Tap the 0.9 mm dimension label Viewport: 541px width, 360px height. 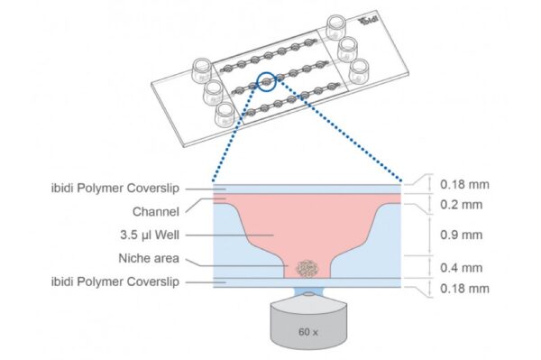(461, 235)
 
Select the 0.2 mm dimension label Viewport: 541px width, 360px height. (461, 205)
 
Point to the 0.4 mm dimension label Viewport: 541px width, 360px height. (461, 267)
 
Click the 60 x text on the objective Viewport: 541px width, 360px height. (308, 332)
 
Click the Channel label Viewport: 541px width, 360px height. (156, 212)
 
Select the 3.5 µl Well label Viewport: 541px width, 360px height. (150, 235)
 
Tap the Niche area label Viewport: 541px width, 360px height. (149, 258)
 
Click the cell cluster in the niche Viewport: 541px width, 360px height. (307, 268)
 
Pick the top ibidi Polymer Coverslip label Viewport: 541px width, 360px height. (115, 189)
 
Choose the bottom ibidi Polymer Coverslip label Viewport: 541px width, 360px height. (115, 282)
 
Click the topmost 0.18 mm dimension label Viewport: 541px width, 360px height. (464, 184)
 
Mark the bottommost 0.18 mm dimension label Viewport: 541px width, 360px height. (464, 288)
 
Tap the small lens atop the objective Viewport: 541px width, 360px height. (308, 294)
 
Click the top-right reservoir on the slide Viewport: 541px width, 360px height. (335, 27)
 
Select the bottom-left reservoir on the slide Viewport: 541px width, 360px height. (225, 115)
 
